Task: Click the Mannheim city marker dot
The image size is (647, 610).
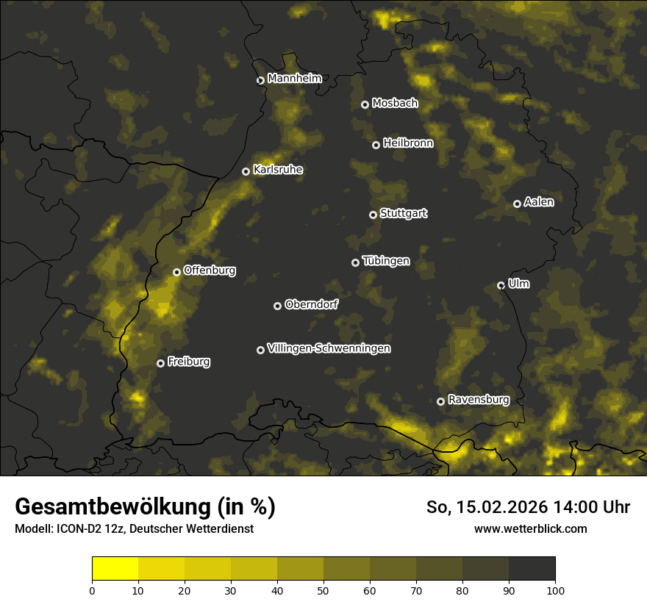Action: (260, 81)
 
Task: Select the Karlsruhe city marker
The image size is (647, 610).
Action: (246, 171)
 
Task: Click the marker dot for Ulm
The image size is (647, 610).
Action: (501, 285)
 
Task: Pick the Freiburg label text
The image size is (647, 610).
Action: (188, 362)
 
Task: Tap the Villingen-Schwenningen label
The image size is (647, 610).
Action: (329, 348)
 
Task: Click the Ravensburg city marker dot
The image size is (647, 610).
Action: (441, 401)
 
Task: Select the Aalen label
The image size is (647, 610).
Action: (539, 202)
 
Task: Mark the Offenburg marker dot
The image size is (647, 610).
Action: (177, 272)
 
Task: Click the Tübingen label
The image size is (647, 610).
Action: (386, 261)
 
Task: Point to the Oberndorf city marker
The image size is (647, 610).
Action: (278, 306)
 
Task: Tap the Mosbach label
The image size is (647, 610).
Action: (395, 103)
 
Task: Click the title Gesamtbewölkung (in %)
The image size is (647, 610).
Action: (145, 506)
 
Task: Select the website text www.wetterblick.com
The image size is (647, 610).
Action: (530, 528)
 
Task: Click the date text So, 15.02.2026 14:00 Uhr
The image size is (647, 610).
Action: (528, 507)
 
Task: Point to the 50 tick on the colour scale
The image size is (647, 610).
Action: (323, 589)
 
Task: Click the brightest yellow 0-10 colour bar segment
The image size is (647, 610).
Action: (115, 569)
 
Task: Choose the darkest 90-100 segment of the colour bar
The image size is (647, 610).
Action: (532, 569)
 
